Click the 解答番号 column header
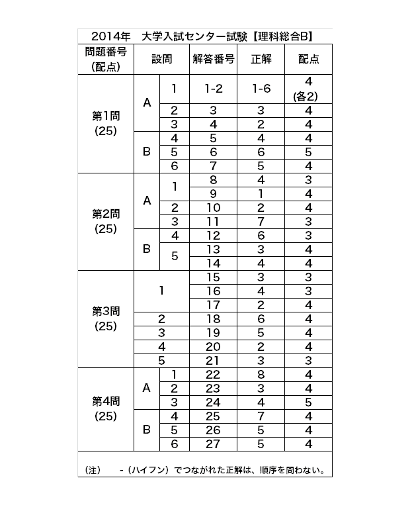coord(213,59)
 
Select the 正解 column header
coord(261,59)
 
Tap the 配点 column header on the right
coord(308,59)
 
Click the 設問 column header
coord(161,59)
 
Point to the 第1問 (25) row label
coord(106,123)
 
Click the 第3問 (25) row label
coord(106,318)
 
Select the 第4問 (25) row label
coord(106,409)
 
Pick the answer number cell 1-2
coord(213,89)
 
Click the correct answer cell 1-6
coord(261,89)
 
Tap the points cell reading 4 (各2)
coord(308,89)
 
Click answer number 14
coord(213,263)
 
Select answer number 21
coord(213,360)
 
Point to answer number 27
coord(213,444)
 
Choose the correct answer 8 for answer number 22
coord(261,375)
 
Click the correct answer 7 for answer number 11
coord(261,221)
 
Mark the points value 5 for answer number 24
coord(308,402)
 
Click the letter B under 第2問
coord(147,249)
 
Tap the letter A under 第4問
coord(147,388)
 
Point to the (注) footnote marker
coord(92,471)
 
